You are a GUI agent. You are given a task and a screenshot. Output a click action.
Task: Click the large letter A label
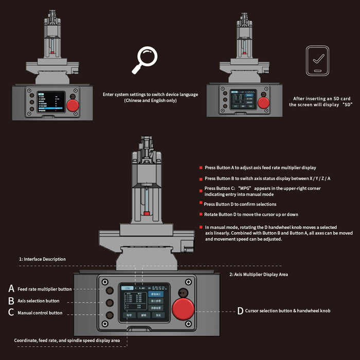click(x=11, y=289)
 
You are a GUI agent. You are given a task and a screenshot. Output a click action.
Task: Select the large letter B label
click(x=11, y=301)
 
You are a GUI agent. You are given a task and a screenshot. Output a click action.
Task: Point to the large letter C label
click(x=11, y=313)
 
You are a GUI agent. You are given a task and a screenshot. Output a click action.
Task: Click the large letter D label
click(x=240, y=311)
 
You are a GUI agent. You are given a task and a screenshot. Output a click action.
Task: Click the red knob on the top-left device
click(x=74, y=106)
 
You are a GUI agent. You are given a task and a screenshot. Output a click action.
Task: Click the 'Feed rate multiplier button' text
click(x=44, y=289)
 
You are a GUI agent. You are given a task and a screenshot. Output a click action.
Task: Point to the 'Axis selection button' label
click(x=39, y=301)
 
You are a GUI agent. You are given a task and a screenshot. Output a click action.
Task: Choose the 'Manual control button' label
click(x=40, y=313)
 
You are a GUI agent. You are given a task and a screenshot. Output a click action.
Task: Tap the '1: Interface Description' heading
click(x=42, y=259)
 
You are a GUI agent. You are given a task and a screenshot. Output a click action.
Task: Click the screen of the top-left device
click(x=50, y=103)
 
